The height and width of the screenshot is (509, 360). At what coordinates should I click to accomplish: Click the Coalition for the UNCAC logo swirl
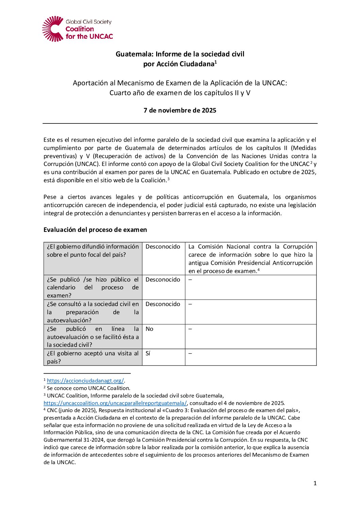click(x=53, y=29)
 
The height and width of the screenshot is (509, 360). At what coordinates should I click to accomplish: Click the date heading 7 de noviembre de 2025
click(x=180, y=110)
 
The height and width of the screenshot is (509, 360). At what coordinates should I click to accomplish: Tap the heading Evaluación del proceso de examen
click(x=95, y=230)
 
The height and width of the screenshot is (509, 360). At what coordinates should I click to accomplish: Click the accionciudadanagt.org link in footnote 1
click(x=85, y=381)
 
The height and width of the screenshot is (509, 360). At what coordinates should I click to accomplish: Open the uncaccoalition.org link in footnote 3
click(x=115, y=403)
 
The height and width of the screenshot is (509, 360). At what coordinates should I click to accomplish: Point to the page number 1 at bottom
click(x=315, y=483)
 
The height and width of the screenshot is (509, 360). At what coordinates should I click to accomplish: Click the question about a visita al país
click(x=93, y=357)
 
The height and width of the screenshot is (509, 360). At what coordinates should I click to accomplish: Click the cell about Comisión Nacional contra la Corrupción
click(x=250, y=258)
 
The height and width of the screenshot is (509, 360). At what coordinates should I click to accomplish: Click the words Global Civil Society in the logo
click(x=88, y=22)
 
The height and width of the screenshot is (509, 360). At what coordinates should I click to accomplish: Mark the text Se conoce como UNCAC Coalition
click(x=88, y=388)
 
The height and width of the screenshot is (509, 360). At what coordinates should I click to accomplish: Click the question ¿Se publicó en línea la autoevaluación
click(x=93, y=337)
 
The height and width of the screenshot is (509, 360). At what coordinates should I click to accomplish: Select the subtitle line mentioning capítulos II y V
click(x=180, y=93)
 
